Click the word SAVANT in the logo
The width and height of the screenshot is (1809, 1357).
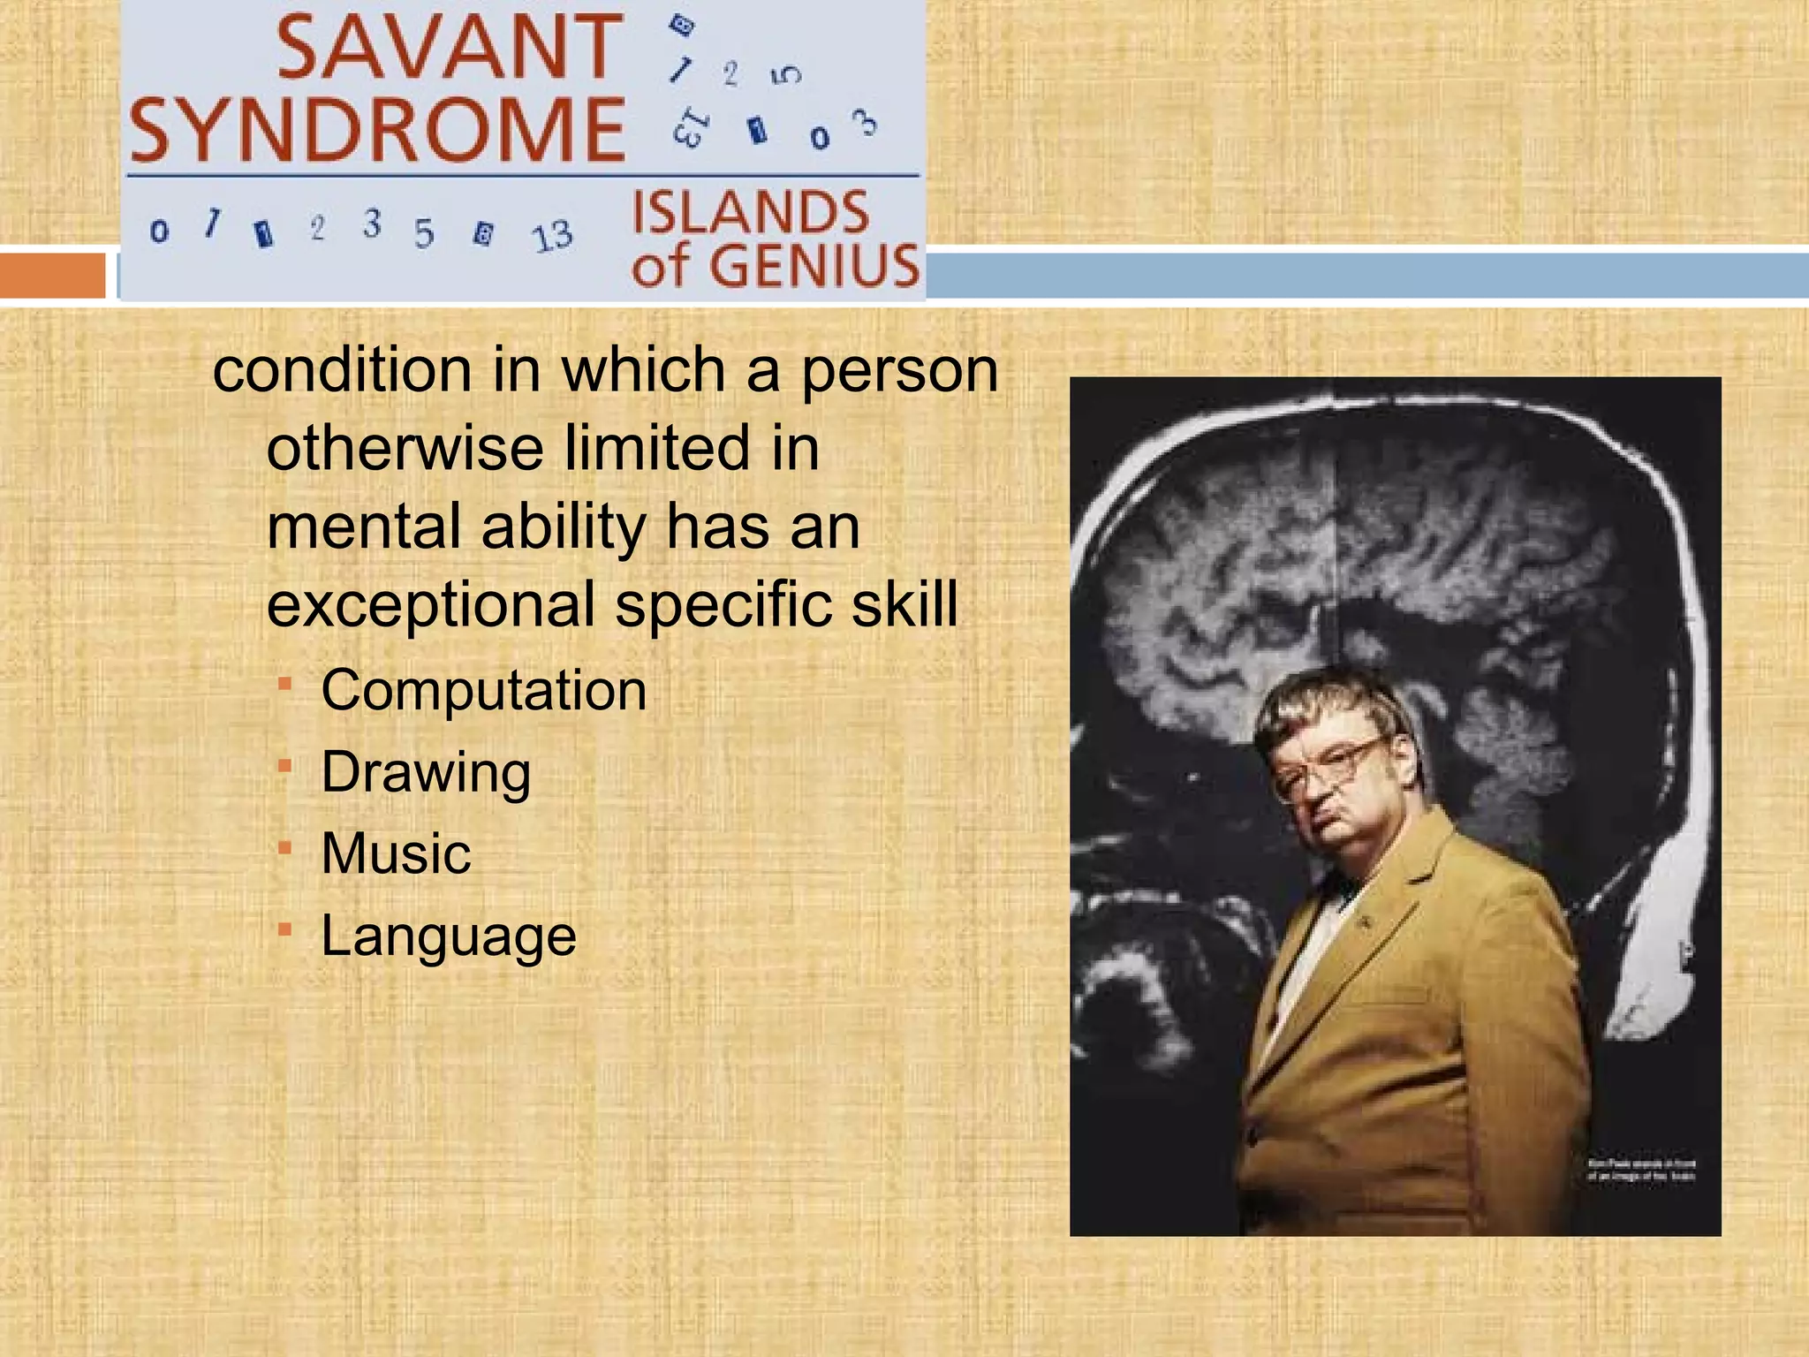(x=450, y=48)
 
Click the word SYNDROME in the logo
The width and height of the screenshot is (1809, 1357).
(x=378, y=130)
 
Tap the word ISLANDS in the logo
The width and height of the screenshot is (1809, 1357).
(x=751, y=213)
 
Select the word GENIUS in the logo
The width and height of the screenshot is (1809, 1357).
(x=814, y=266)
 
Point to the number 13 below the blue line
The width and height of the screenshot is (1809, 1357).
(x=552, y=236)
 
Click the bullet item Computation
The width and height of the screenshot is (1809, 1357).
(x=483, y=690)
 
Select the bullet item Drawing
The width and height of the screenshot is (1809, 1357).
(x=426, y=772)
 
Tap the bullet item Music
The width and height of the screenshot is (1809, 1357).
(x=396, y=853)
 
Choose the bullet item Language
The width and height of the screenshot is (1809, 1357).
(x=449, y=936)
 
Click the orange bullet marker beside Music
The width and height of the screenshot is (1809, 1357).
(x=284, y=848)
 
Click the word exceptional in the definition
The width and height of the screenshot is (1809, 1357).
(x=431, y=605)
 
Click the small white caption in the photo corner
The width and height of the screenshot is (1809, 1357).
(x=1641, y=1170)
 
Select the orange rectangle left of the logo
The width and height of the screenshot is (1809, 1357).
(x=52, y=275)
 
